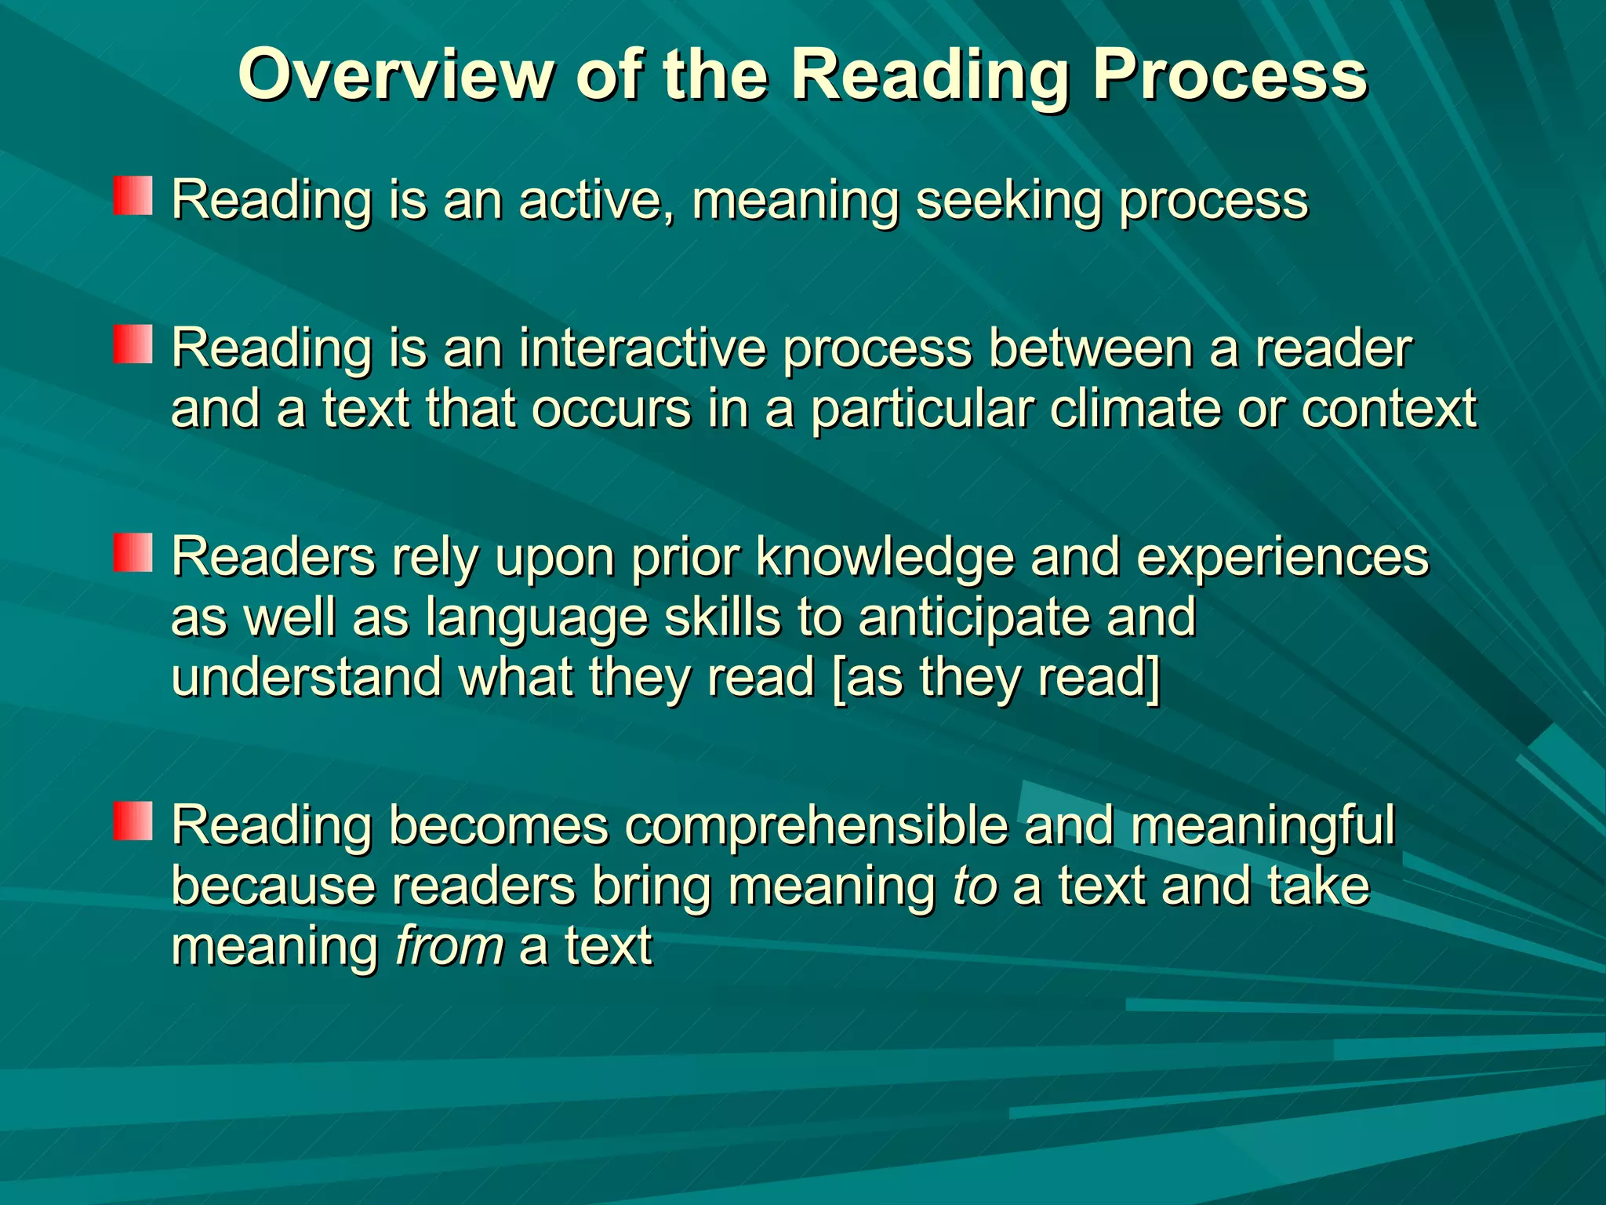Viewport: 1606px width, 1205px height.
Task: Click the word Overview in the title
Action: (x=396, y=75)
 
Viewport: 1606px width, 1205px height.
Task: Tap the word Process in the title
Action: (x=1229, y=76)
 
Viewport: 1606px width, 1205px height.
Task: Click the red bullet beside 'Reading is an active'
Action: (x=132, y=195)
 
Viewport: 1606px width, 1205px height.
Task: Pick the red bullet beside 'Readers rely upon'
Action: (x=132, y=552)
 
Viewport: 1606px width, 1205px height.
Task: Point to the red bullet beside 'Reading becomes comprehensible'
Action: (x=132, y=821)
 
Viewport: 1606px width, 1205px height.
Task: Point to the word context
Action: (x=1389, y=409)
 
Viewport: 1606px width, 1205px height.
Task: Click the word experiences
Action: (x=1282, y=558)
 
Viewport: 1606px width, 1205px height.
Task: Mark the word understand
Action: (x=307, y=677)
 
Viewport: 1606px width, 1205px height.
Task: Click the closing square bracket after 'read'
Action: (x=1152, y=679)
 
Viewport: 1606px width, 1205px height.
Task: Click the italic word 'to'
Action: (x=975, y=886)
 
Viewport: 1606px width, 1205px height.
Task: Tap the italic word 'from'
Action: (x=449, y=946)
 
